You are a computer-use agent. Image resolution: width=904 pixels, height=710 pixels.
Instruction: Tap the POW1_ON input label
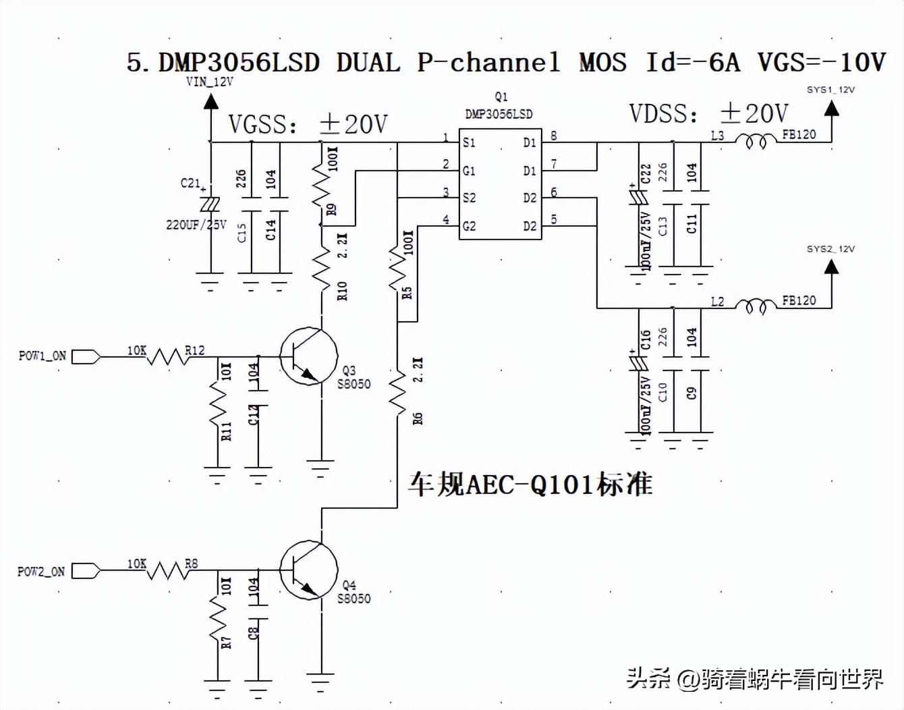click(42, 356)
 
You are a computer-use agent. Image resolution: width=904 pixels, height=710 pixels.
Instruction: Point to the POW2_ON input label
click(41, 571)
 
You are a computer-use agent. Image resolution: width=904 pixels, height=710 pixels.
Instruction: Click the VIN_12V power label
click(209, 82)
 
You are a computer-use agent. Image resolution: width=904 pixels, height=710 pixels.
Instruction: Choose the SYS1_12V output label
click(830, 90)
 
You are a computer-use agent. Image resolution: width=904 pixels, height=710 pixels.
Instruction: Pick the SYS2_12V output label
click(830, 249)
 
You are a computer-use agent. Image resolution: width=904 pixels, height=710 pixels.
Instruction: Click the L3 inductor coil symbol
click(755, 141)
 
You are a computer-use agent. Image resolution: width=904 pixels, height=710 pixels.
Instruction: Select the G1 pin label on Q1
click(469, 171)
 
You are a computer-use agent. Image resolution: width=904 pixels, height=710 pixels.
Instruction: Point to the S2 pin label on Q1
click(469, 198)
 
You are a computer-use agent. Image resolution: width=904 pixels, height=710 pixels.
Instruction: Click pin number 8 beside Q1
click(553, 136)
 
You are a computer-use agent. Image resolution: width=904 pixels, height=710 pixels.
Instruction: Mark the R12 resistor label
click(195, 350)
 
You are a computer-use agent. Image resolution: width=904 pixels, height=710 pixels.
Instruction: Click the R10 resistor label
click(342, 291)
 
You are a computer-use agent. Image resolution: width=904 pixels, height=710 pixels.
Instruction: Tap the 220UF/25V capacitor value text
click(196, 225)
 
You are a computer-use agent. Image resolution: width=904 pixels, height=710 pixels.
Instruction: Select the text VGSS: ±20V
click(308, 124)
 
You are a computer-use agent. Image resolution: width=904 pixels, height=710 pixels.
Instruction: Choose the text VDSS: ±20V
click(708, 113)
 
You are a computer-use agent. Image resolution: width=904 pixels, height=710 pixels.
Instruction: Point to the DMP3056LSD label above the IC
click(499, 114)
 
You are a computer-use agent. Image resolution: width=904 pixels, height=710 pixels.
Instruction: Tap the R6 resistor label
click(418, 418)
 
